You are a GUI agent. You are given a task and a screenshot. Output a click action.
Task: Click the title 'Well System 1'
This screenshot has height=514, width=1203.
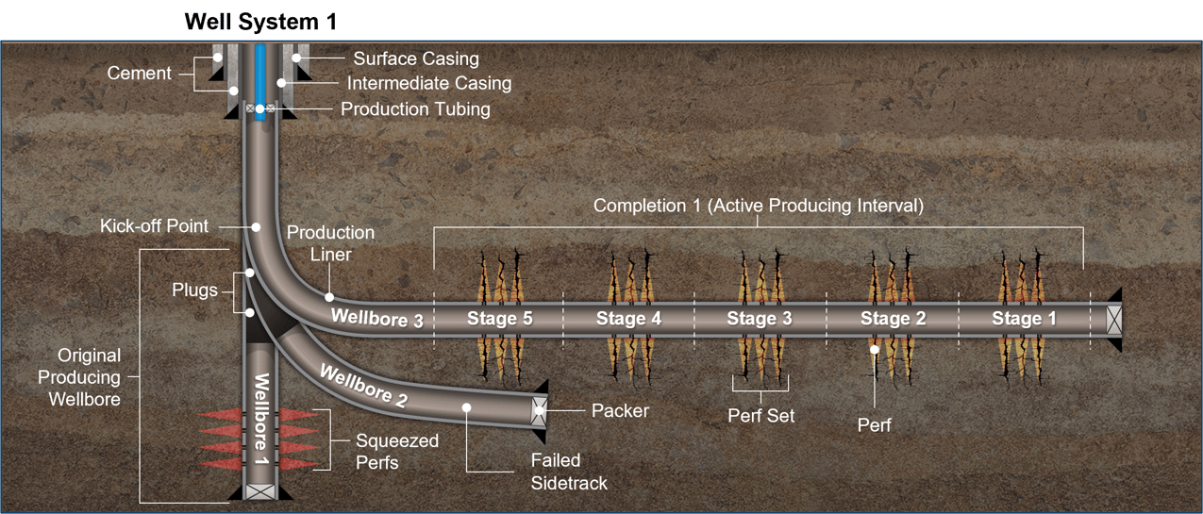pyautogui.click(x=259, y=21)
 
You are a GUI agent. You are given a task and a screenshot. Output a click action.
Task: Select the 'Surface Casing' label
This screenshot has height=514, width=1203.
pyautogui.click(x=416, y=58)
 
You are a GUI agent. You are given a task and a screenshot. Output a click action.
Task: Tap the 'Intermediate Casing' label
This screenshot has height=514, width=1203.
pyautogui.click(x=428, y=84)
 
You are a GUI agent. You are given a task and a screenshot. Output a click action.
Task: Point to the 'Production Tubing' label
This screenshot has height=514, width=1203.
pyautogui.click(x=415, y=109)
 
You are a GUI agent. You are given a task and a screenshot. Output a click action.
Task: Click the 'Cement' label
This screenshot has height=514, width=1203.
pyautogui.click(x=139, y=73)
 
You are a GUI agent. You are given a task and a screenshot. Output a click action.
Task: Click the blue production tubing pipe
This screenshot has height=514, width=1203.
pyautogui.click(x=259, y=75)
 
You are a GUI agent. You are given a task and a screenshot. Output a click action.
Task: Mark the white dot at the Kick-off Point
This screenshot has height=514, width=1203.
pyautogui.click(x=256, y=227)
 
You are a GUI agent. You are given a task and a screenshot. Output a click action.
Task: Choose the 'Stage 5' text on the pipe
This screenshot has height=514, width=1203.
pyautogui.click(x=499, y=319)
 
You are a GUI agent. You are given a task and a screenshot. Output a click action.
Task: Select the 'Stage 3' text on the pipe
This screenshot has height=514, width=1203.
pyautogui.click(x=759, y=319)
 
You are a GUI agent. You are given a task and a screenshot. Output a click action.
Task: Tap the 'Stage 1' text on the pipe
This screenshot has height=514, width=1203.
pyautogui.click(x=1024, y=319)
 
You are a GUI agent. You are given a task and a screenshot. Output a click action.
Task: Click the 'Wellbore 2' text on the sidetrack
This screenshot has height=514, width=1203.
pyautogui.click(x=363, y=386)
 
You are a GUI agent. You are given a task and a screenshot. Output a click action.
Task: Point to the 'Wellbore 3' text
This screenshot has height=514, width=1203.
pyautogui.click(x=376, y=318)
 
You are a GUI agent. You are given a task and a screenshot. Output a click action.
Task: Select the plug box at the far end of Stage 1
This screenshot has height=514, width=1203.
pyautogui.click(x=1115, y=319)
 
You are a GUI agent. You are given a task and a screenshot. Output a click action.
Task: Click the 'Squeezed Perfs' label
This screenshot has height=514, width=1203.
pyautogui.click(x=396, y=452)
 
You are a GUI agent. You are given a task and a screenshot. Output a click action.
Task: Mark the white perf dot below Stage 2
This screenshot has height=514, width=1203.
pyautogui.click(x=875, y=350)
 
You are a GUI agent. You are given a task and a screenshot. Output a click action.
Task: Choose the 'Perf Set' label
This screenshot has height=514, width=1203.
pyautogui.click(x=760, y=415)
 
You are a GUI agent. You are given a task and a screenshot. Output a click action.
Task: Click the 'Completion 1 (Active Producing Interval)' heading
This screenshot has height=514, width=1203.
pyautogui.click(x=758, y=205)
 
